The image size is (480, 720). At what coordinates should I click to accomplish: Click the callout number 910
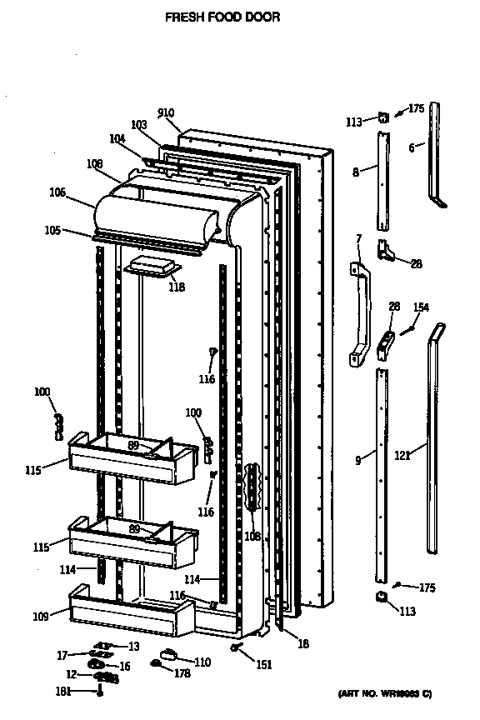tap(167, 113)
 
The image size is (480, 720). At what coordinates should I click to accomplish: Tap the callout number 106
tap(57, 192)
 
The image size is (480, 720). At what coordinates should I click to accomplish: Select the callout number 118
tap(176, 287)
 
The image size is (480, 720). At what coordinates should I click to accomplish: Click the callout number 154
tap(422, 307)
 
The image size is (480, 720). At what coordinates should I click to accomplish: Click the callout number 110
tap(202, 662)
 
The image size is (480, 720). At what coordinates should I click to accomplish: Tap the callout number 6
tap(411, 147)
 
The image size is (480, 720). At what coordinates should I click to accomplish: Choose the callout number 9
tap(358, 459)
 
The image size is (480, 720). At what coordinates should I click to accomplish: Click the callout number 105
tap(52, 231)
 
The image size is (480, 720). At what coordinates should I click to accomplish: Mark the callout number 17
tap(62, 654)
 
